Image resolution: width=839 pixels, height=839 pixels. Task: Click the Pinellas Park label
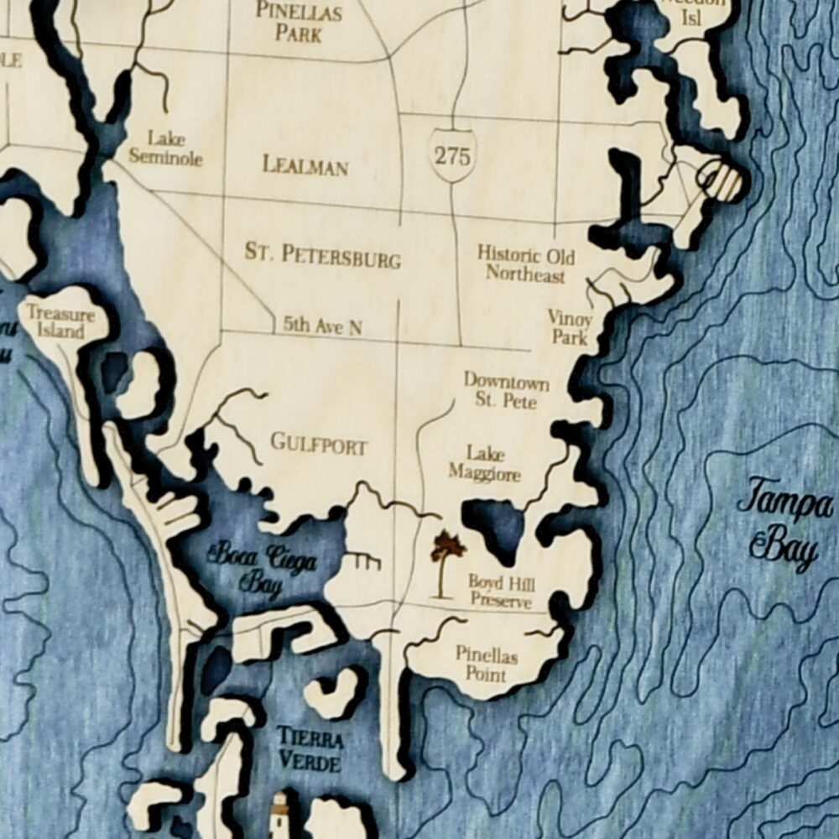(x=299, y=23)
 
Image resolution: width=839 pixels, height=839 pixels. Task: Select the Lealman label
(x=305, y=164)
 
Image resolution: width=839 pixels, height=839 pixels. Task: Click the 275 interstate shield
(x=454, y=155)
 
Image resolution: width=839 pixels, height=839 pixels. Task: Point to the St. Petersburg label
(x=322, y=254)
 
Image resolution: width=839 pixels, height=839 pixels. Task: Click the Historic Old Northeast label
(x=526, y=263)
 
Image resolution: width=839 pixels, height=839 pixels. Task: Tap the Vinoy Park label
(x=570, y=327)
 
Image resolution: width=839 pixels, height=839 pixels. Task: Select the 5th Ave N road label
(x=322, y=326)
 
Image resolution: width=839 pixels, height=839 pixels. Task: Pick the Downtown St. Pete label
(x=507, y=390)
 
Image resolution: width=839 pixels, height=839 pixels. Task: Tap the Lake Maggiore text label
(x=484, y=464)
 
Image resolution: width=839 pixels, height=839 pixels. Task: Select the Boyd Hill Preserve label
(x=501, y=591)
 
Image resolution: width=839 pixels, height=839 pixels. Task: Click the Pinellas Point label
(x=487, y=663)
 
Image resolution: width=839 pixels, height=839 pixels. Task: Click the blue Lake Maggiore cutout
(x=497, y=524)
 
